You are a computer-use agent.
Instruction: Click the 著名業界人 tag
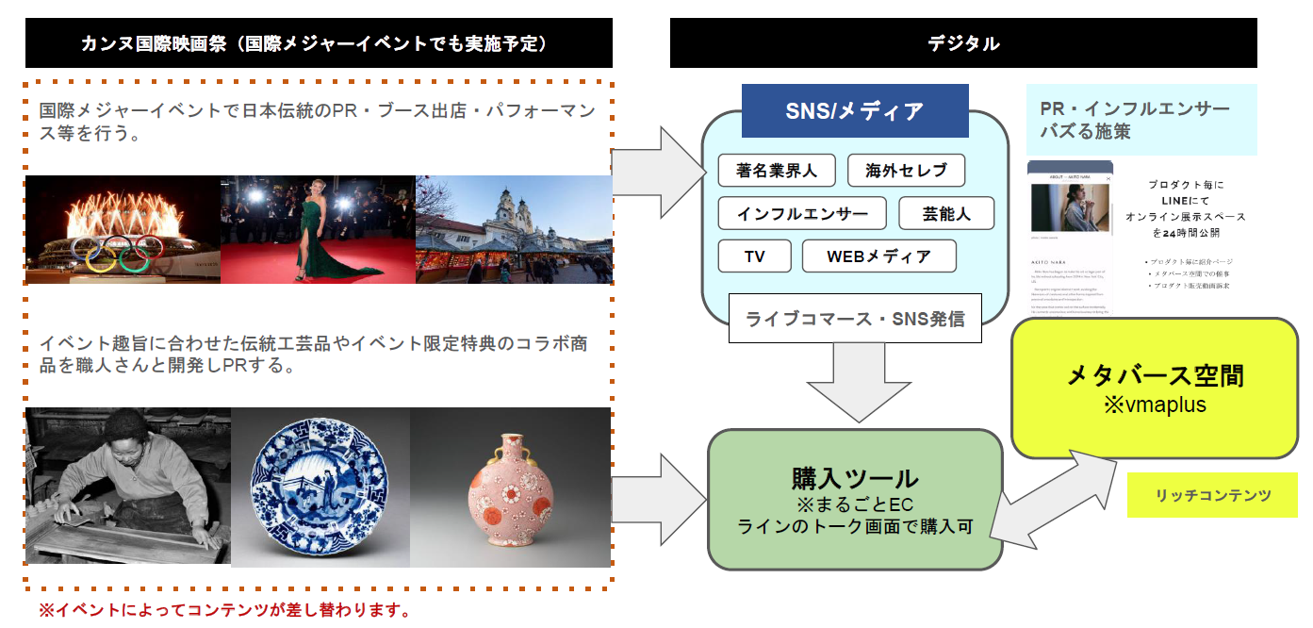click(x=776, y=171)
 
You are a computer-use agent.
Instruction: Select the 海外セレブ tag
click(x=906, y=171)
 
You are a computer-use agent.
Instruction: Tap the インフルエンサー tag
click(x=801, y=213)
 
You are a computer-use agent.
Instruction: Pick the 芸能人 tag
click(x=946, y=213)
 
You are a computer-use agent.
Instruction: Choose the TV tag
click(x=754, y=256)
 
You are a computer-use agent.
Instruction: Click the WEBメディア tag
click(x=878, y=256)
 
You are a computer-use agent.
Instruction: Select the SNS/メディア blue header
click(x=855, y=111)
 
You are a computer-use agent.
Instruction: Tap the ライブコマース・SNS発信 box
click(x=855, y=318)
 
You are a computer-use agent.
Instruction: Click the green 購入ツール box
click(x=854, y=500)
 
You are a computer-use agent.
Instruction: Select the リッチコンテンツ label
click(x=1212, y=495)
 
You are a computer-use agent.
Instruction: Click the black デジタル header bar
click(x=963, y=43)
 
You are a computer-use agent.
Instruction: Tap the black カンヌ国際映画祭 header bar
click(x=319, y=43)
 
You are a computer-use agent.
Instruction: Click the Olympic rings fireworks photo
click(x=123, y=229)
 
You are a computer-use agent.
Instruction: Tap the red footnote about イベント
click(x=224, y=610)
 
